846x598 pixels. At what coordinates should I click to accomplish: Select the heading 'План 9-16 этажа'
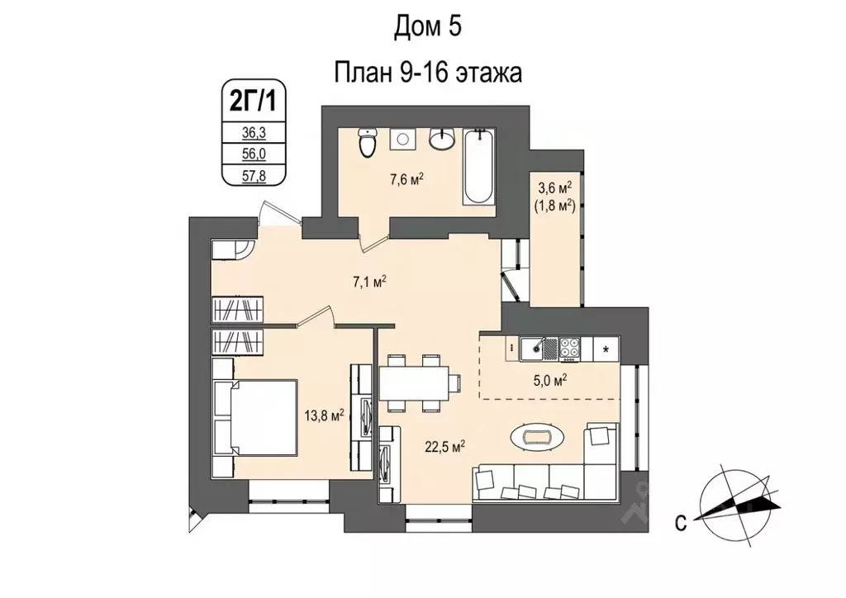(428, 73)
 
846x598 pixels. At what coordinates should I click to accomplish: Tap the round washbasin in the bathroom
(444, 139)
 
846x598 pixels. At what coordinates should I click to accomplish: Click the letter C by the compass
(679, 522)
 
